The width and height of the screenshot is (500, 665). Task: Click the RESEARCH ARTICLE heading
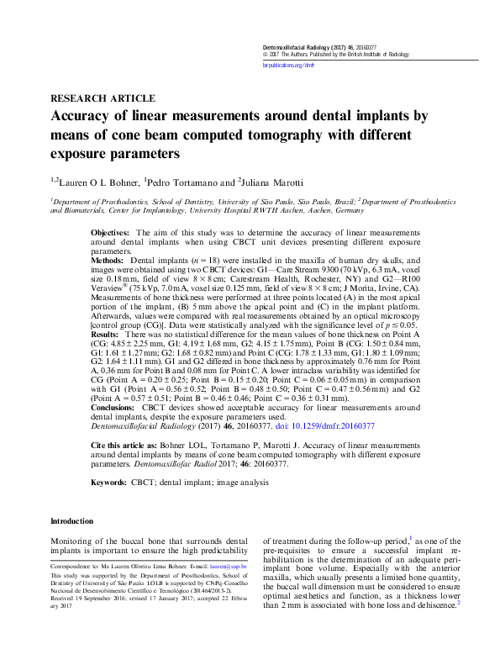103,98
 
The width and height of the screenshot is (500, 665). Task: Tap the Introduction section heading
73,522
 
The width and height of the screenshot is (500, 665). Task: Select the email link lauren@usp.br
232,567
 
